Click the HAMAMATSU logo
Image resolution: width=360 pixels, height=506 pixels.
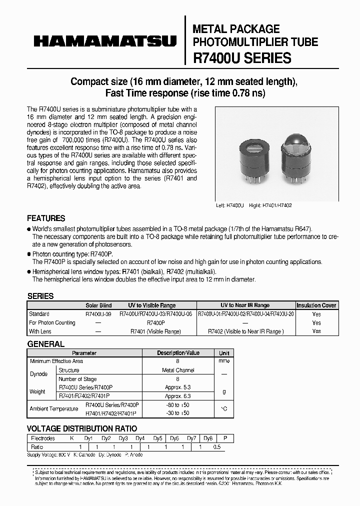tap(105, 41)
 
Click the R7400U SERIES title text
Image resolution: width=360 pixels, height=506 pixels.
tap(242, 58)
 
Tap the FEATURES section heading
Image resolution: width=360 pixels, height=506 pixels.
tap(46, 218)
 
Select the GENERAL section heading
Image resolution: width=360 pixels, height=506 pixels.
tap(45, 344)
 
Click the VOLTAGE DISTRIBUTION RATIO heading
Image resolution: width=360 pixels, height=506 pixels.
tap(81, 428)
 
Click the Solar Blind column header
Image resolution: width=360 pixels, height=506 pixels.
tap(98, 305)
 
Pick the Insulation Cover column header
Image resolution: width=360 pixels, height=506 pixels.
tap(316, 305)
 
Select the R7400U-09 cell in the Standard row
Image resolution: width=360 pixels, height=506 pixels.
tap(98, 314)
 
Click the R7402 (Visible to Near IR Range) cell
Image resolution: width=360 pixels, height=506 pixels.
tap(244, 331)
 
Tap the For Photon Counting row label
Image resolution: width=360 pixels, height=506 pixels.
tap(52, 322)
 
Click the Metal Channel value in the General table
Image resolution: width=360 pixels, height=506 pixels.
tap(178, 370)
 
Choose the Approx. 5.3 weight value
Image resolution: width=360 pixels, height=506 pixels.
tap(178, 387)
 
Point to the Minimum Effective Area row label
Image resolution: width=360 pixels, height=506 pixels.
tap(56, 361)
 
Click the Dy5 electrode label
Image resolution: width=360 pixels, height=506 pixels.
tap(157, 438)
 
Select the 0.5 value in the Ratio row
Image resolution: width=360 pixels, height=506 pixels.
tap(216, 446)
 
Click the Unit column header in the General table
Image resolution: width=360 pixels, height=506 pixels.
tap(224, 352)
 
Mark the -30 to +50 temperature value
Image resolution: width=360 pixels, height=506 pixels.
tap(178, 413)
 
